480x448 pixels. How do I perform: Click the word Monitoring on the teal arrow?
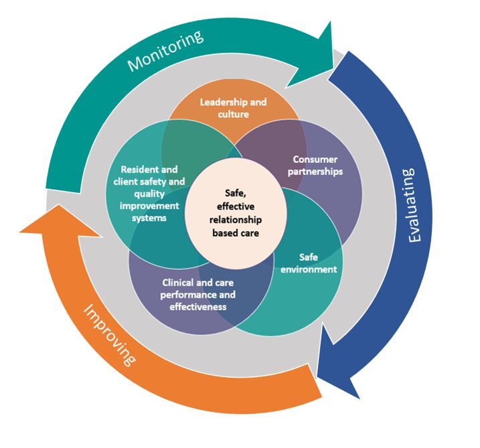(x=165, y=51)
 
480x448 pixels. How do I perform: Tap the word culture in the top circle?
(x=233, y=115)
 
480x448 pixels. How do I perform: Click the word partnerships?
(x=318, y=171)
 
